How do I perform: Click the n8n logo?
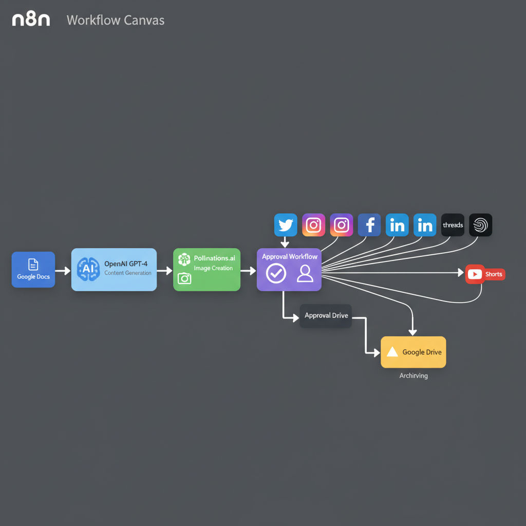(31, 20)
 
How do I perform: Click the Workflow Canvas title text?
(116, 21)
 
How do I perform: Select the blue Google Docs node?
(33, 269)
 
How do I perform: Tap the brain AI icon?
(88, 269)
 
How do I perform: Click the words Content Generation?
(128, 273)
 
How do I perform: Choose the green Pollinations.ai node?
(206, 270)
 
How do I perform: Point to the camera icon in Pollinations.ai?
(184, 278)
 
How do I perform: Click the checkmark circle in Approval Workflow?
(276, 273)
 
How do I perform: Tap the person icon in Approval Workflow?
(305, 273)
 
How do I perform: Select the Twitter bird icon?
(286, 225)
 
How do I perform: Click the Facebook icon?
(369, 225)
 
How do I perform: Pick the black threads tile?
(453, 225)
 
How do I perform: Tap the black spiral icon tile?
(480, 225)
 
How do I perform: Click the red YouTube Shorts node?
(485, 274)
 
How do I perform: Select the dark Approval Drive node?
(326, 315)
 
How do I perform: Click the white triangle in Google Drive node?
(392, 352)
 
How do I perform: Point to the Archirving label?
(414, 375)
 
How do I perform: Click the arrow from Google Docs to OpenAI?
(63, 270)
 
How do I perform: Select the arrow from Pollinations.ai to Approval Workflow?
(248, 270)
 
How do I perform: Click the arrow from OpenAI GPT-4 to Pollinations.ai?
(164, 270)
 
